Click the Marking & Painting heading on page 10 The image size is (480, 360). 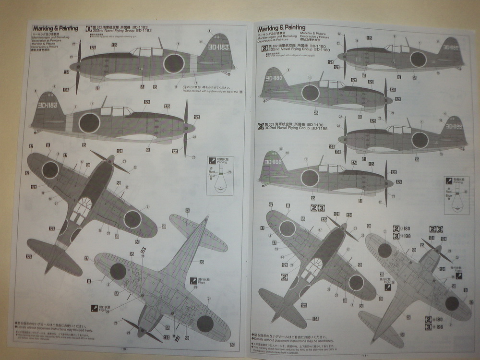point(53,28)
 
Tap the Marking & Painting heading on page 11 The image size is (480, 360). point(281,27)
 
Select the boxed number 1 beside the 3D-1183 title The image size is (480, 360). point(89,28)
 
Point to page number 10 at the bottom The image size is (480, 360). point(124,349)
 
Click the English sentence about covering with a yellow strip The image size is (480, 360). point(211,91)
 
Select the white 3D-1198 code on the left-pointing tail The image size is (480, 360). point(272,162)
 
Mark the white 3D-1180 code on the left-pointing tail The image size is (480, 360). point(274,77)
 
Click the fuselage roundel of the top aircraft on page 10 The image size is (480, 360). point(174,63)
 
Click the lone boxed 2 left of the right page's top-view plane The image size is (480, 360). point(284,277)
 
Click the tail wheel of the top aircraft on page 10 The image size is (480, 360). point(225,73)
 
